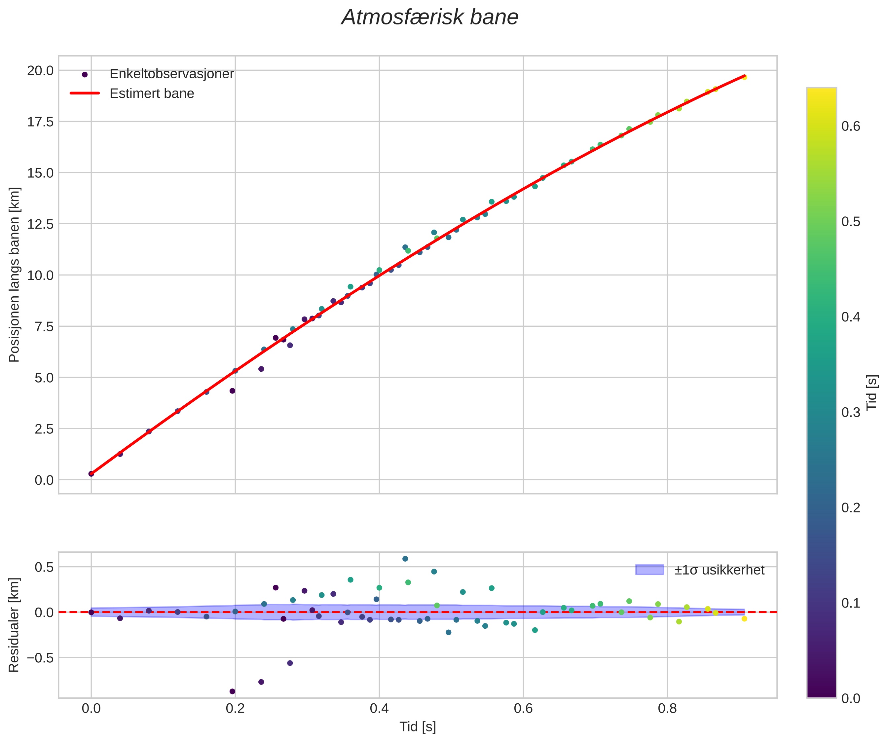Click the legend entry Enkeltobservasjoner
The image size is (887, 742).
171,74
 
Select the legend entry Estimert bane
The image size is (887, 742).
152,93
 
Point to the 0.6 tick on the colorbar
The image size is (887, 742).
851,126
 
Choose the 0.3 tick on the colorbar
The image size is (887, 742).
851,412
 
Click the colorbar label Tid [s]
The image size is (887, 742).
872,393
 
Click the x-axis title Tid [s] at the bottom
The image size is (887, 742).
417,727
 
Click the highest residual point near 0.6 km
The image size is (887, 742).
405,559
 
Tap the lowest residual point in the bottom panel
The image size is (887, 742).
232,691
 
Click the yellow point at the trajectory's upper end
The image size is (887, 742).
744,77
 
